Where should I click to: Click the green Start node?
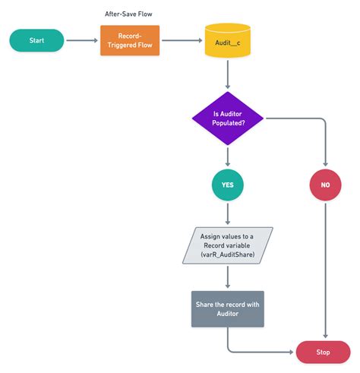point(36,40)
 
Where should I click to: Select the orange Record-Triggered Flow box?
point(130,40)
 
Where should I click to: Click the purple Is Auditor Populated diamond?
point(228,118)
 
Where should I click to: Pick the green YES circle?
point(228,185)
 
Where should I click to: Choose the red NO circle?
point(326,185)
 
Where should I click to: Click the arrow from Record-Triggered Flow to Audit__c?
point(182,40)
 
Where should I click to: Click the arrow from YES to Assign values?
point(228,214)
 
